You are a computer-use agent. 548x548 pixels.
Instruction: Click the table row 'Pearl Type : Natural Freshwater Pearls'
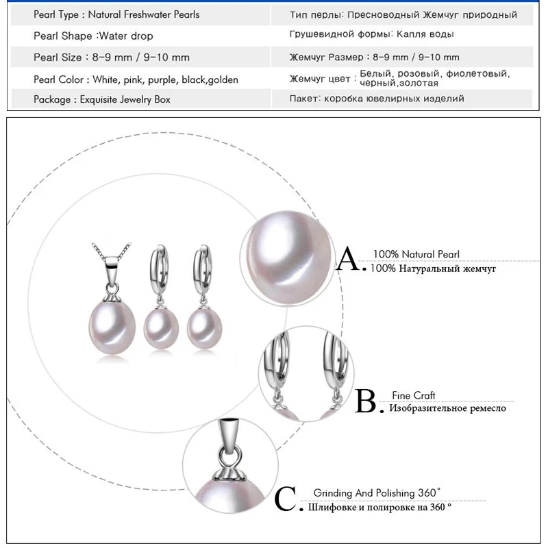click(x=116, y=14)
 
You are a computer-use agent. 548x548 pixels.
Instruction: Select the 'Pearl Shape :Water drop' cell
click(x=93, y=36)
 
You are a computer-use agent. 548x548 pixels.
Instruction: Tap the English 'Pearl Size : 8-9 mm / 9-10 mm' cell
click(x=112, y=58)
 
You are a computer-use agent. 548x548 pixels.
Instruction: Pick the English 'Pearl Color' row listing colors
click(x=136, y=79)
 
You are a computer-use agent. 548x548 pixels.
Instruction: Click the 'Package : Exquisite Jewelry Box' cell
click(x=102, y=100)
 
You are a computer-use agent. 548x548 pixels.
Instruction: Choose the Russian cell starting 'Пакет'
click(x=377, y=99)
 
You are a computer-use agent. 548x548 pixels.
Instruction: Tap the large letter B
click(x=366, y=401)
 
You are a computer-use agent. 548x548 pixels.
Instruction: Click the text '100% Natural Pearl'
click(x=416, y=254)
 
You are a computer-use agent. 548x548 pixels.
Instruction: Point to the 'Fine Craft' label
click(x=413, y=395)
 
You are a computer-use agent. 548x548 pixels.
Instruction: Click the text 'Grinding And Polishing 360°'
click(x=377, y=493)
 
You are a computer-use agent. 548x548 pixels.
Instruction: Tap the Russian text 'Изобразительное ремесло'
click(x=447, y=408)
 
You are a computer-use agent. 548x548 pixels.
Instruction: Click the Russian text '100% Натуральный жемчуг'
click(x=433, y=269)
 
